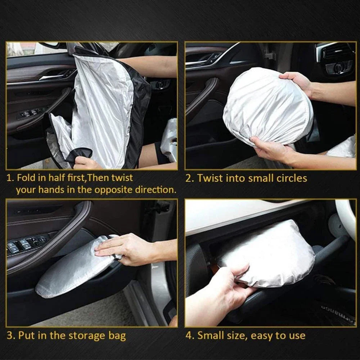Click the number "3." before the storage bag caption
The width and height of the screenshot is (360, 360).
coord(11,336)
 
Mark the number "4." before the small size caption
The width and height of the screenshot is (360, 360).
coord(190,336)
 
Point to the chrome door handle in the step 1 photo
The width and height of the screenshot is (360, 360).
coord(56,76)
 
